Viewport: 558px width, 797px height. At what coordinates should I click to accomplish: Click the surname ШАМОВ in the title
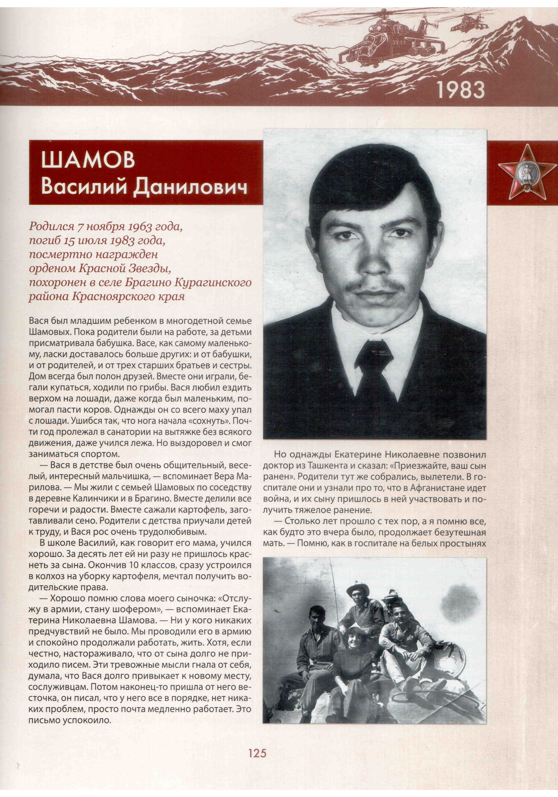[x=88, y=160]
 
